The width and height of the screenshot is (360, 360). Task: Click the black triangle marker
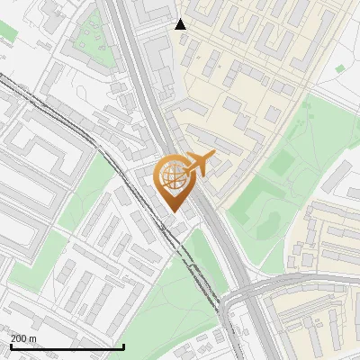[181, 24]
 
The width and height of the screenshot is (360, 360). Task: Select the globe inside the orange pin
[173, 177]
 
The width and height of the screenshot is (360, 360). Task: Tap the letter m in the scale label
[33, 338]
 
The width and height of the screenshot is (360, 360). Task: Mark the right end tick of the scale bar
[123, 346]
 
